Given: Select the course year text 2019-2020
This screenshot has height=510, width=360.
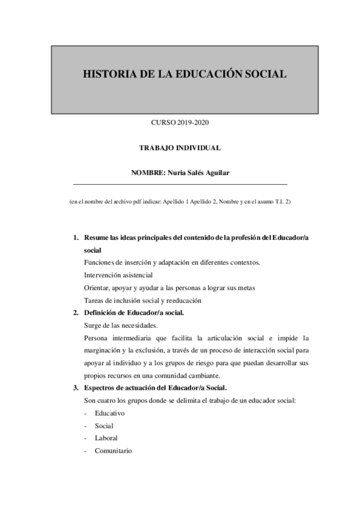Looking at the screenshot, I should (194, 123).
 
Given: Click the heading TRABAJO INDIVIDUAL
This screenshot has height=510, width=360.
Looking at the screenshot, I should (180, 147).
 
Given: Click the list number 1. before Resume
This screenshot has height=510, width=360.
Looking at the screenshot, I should (76, 238).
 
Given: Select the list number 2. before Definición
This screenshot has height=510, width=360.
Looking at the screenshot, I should (76, 313).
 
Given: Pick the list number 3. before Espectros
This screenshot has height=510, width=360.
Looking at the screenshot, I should (76, 387).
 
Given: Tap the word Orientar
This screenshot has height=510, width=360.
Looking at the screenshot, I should (97, 287).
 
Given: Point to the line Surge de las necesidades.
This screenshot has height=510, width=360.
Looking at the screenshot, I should (121, 325).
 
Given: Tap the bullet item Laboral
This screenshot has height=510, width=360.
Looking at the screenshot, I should (106, 438).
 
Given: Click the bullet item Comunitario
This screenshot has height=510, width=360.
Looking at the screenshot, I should (114, 450).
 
